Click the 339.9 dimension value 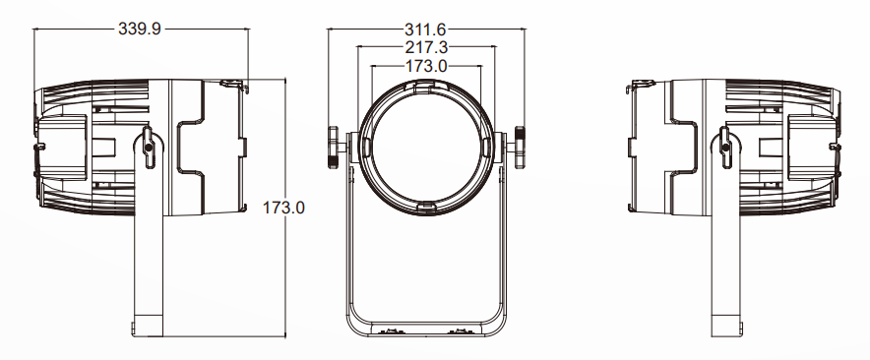[140, 29]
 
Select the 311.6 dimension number [425, 30]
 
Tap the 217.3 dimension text [426, 47]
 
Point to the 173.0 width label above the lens [426, 66]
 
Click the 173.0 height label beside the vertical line [283, 208]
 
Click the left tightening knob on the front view [333, 147]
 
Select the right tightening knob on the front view [520, 147]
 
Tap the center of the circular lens [426, 149]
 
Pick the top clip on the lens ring [426, 85]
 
